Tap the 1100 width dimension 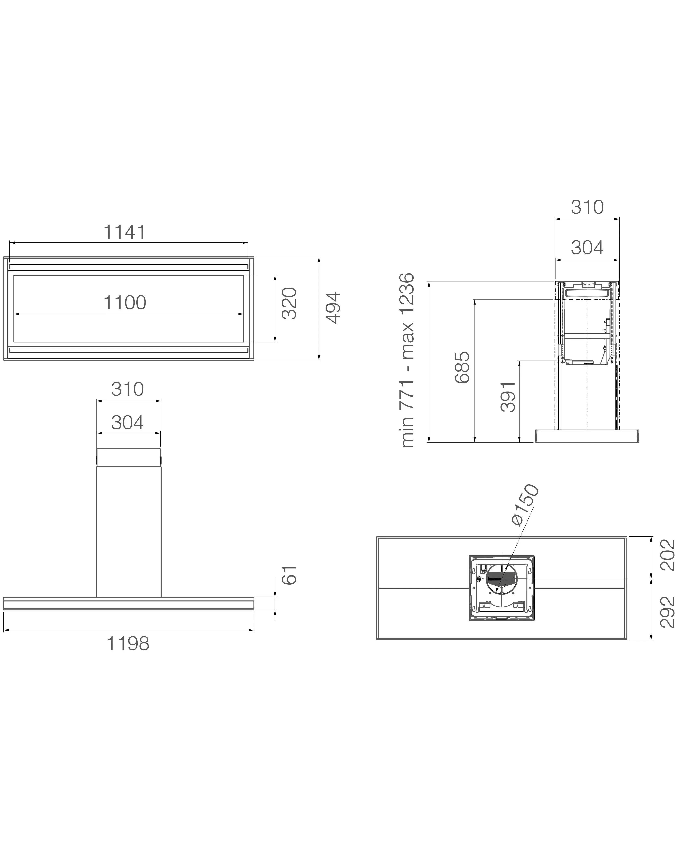(x=125, y=303)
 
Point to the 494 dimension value (x=333, y=308)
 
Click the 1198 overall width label (x=128, y=644)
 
